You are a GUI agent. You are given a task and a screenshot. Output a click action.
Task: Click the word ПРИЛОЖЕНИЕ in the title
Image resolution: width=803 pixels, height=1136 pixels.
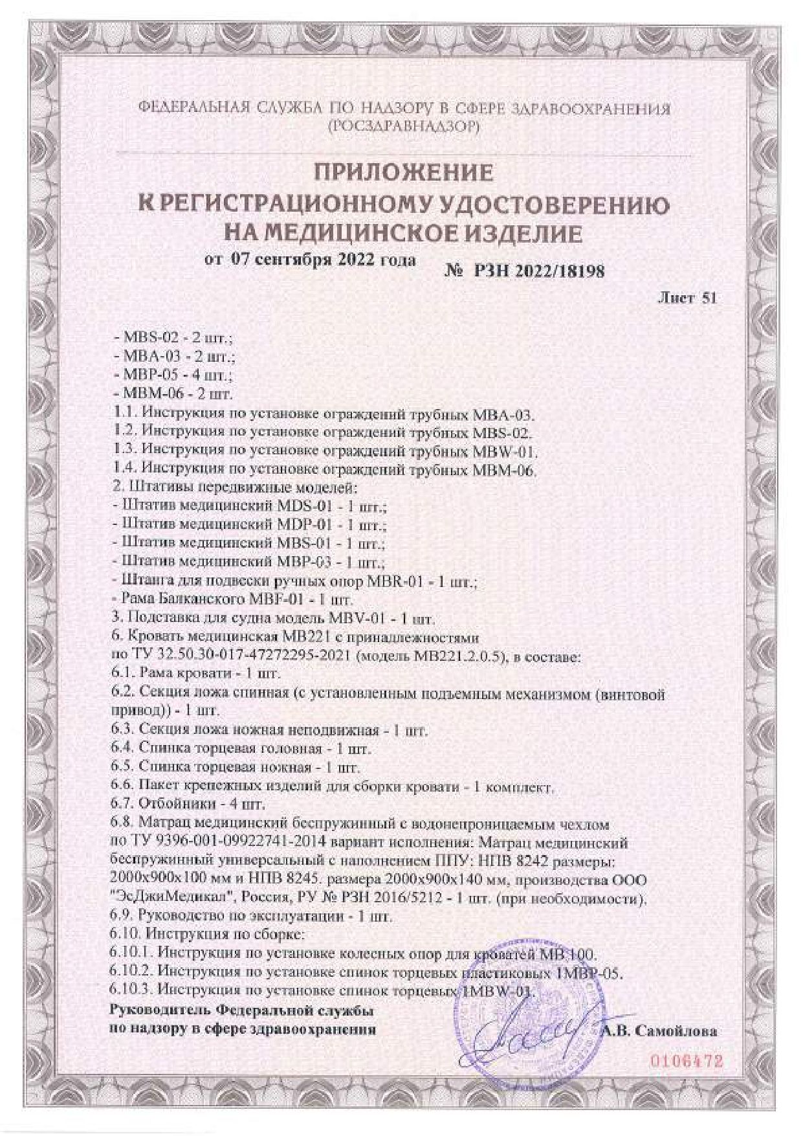(402, 173)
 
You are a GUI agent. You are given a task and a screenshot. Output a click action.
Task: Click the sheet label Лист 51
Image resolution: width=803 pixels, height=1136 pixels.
(687, 298)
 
